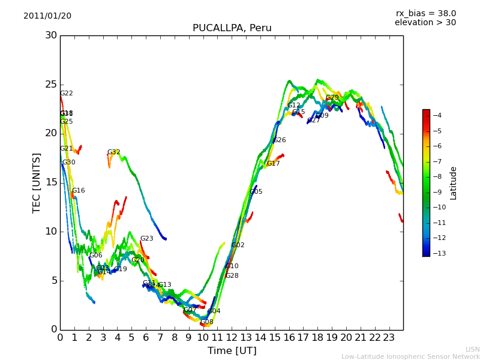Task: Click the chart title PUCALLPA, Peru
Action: (x=232, y=28)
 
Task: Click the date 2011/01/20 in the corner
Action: (x=47, y=16)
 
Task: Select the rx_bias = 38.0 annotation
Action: (x=425, y=13)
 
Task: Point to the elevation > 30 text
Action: (x=425, y=23)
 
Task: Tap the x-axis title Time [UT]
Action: (x=232, y=351)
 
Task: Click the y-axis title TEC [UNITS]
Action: (x=37, y=182)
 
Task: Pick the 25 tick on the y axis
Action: (x=51, y=85)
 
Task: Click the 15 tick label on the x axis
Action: (x=274, y=338)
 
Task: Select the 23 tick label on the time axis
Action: (x=389, y=338)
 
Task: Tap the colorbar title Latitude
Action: (x=454, y=183)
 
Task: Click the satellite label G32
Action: (x=113, y=152)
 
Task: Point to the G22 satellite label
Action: (x=66, y=94)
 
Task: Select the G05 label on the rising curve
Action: (x=256, y=192)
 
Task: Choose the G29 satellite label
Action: (x=332, y=98)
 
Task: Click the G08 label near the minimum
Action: (x=206, y=322)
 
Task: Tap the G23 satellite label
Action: (x=146, y=239)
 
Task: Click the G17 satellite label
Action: (x=273, y=164)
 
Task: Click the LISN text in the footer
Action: (x=472, y=349)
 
